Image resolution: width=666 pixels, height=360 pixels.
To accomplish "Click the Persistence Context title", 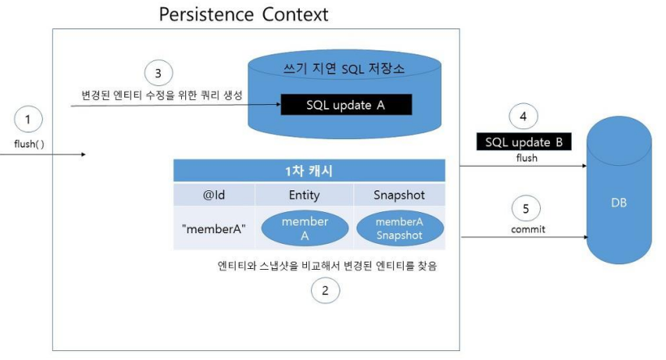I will click(244, 15).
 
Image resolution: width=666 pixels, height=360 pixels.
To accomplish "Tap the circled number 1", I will click(28, 121).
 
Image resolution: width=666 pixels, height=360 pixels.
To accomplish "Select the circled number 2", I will click(326, 291).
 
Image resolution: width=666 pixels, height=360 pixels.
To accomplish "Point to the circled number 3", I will click(158, 72).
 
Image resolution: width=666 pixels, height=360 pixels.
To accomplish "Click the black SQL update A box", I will click(346, 106).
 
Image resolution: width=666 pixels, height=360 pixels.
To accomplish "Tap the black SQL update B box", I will click(524, 142).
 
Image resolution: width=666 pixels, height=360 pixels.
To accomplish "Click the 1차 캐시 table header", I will click(309, 171).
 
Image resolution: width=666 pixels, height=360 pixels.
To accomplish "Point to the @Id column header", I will click(214, 195).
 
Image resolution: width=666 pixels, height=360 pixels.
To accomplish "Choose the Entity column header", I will click(305, 195).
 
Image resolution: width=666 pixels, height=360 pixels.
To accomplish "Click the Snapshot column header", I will click(400, 195).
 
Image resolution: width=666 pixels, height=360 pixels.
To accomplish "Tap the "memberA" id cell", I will click(214, 228).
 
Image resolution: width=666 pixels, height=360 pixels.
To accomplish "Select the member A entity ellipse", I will click(305, 228).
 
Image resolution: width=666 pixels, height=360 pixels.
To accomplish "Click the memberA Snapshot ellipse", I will click(400, 228).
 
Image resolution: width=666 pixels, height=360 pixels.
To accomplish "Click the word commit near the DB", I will click(528, 229).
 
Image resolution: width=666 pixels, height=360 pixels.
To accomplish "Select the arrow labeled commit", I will click(524, 237).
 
